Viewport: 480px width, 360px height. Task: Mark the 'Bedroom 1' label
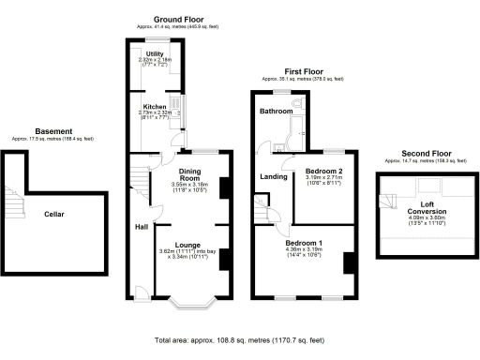(304, 241)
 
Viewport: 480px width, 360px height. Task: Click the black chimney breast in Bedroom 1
(348, 263)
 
